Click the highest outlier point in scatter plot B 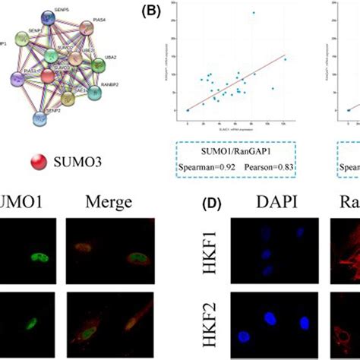pyautogui.click(x=254, y=13)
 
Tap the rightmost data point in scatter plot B pyautogui.click(x=285, y=58)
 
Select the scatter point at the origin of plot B pyautogui.click(x=188, y=110)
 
